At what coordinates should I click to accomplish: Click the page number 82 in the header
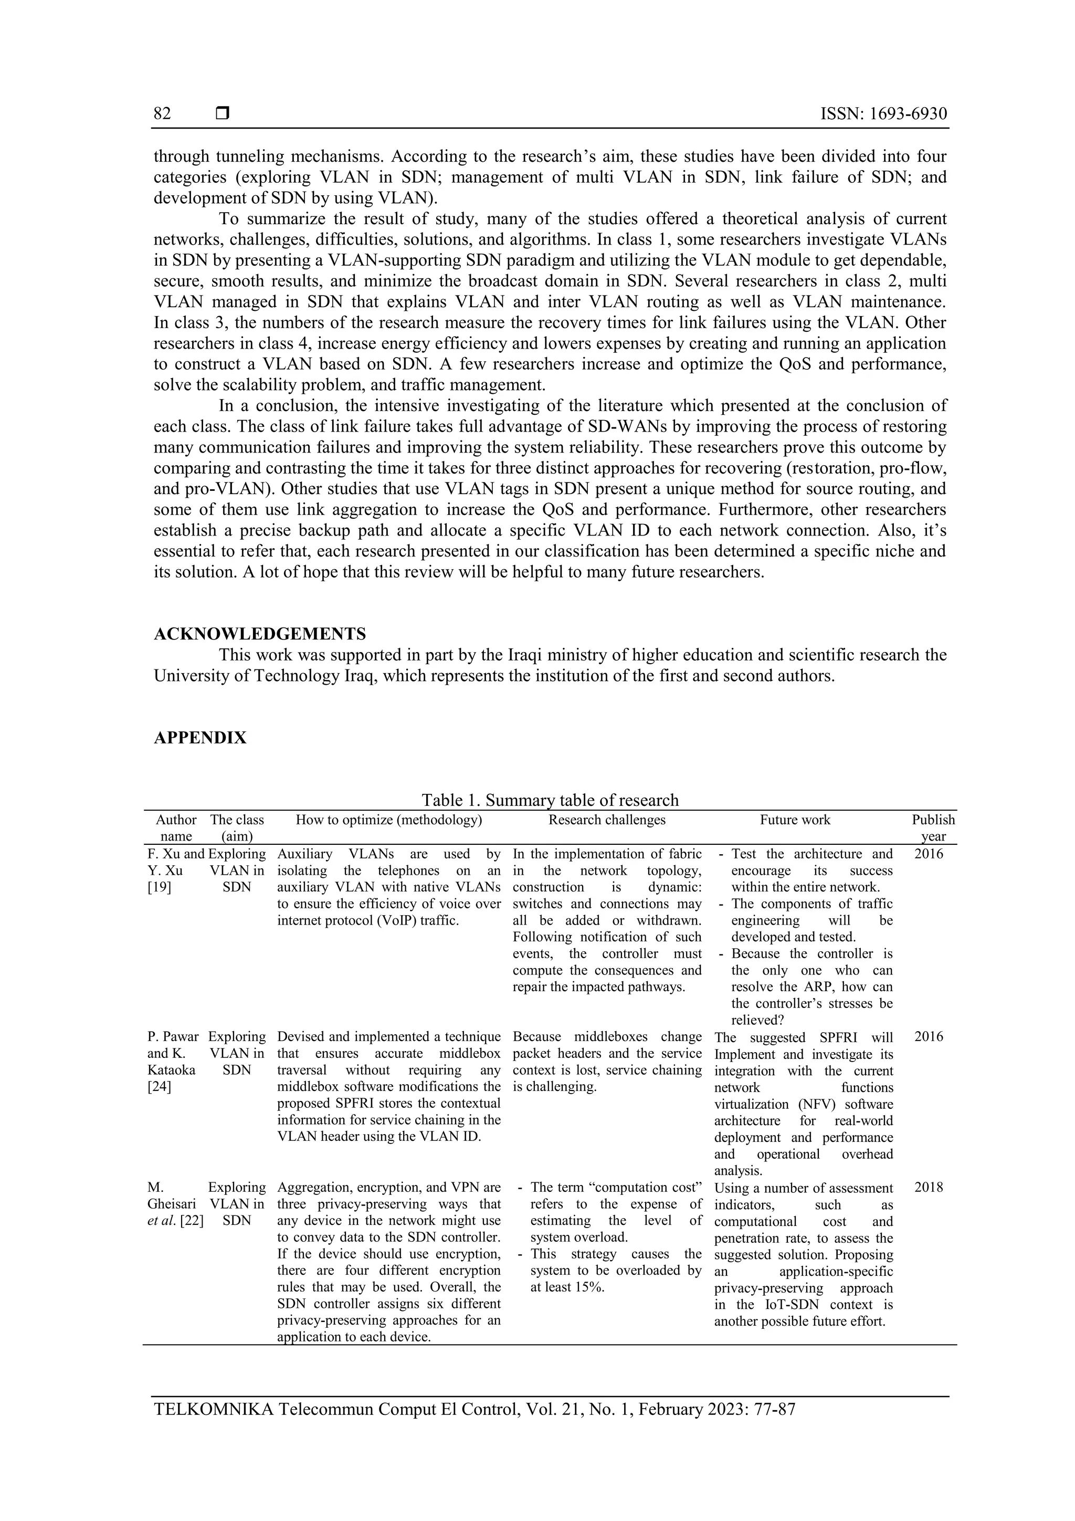point(162,114)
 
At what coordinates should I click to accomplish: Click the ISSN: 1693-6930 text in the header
point(883,114)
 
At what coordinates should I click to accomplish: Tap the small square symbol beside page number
point(223,113)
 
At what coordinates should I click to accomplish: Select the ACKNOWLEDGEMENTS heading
point(260,634)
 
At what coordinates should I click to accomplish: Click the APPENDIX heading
point(200,738)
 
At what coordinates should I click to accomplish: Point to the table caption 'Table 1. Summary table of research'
point(550,800)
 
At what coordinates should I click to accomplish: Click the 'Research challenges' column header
point(607,820)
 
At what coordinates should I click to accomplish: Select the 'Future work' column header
point(795,820)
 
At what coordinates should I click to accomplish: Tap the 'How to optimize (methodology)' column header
point(389,820)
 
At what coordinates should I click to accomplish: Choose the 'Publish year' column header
point(933,827)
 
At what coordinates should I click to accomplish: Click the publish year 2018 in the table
point(929,1188)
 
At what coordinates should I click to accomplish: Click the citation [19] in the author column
point(159,888)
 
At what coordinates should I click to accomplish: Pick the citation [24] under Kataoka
point(159,1087)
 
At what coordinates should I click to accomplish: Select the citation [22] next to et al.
point(192,1221)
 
